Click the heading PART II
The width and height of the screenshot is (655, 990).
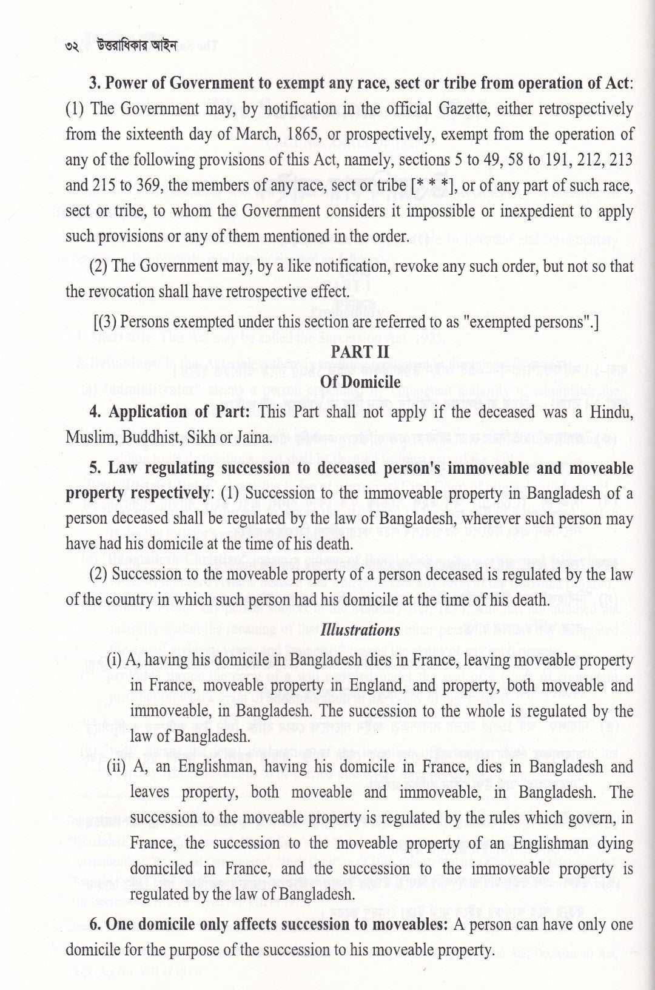(x=360, y=352)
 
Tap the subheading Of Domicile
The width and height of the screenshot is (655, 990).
(x=360, y=382)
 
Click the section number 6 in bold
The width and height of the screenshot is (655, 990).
(x=94, y=925)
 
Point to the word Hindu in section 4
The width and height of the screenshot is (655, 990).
(x=613, y=412)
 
